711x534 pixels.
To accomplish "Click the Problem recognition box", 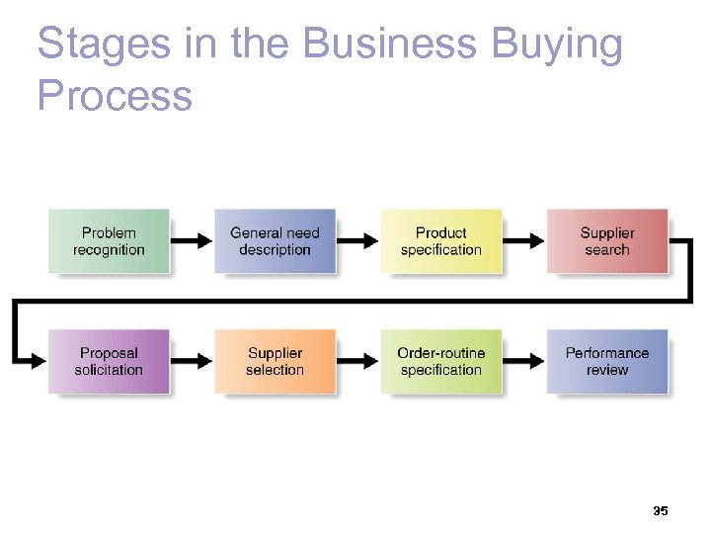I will click(x=109, y=241).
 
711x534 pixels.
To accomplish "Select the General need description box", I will click(x=275, y=241).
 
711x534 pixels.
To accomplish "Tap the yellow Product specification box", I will click(x=440, y=241).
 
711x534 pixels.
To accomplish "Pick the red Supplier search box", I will click(x=606, y=241).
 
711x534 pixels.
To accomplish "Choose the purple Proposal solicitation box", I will click(x=109, y=361).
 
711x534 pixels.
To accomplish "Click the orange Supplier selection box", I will click(x=275, y=361).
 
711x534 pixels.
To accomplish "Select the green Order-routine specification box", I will click(x=440, y=361).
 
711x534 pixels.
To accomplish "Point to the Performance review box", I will click(x=606, y=361).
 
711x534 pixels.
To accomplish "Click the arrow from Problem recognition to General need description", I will click(x=193, y=240).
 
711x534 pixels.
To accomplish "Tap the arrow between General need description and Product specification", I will click(x=358, y=240).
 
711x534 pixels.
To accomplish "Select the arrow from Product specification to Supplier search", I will click(x=524, y=240).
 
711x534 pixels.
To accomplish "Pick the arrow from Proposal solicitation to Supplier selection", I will click(x=193, y=360).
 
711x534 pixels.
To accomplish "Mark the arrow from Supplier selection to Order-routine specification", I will click(x=358, y=360).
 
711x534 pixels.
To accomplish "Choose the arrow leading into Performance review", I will click(x=524, y=360).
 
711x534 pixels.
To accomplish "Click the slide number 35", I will click(x=661, y=511).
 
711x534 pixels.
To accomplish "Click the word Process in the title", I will click(x=115, y=96).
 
